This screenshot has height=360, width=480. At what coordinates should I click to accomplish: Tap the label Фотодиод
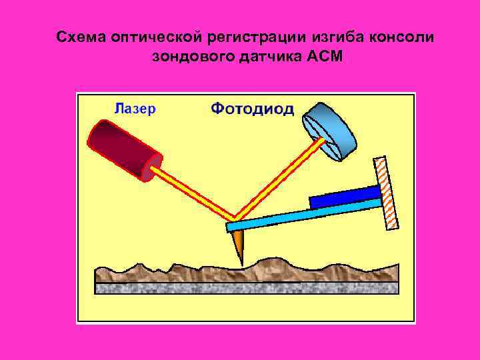point(252,109)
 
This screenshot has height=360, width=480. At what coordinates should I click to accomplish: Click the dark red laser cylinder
point(123,150)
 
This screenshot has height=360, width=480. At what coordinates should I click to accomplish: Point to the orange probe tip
point(238,246)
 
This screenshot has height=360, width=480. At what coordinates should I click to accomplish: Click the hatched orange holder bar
point(387,193)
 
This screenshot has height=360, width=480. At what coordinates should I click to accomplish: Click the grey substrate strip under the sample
point(247,288)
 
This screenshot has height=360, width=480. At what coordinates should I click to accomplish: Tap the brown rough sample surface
point(247,272)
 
